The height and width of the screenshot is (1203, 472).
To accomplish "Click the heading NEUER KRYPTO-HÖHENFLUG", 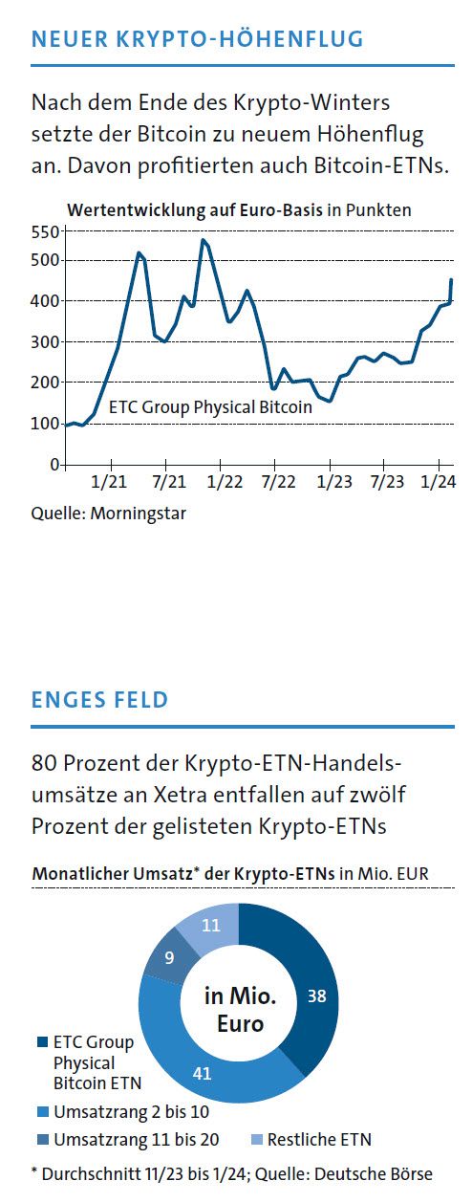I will [x=197, y=39].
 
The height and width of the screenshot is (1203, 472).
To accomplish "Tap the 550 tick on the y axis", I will [x=45, y=231].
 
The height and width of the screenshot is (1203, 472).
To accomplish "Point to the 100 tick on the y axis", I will [x=45, y=424].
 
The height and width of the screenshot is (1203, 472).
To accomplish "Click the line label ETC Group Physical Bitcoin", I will [x=210, y=407].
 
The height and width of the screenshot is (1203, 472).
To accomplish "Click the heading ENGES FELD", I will [x=99, y=700].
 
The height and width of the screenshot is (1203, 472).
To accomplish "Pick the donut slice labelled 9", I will [x=168, y=955].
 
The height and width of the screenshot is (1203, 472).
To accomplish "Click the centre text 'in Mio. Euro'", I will [x=239, y=1011].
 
